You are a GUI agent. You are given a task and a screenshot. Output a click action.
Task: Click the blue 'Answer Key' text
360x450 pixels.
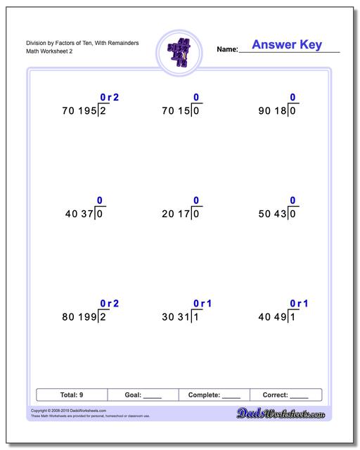click(x=286, y=45)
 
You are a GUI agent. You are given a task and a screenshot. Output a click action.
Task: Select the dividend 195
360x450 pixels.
click(x=85, y=111)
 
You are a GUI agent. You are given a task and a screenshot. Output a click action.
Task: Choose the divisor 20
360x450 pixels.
click(x=169, y=214)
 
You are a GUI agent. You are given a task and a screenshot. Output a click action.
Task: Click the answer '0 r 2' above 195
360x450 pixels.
click(x=110, y=97)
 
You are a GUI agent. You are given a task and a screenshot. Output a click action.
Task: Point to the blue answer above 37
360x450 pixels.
click(x=100, y=200)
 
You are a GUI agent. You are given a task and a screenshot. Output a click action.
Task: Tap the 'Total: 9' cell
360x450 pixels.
click(x=72, y=395)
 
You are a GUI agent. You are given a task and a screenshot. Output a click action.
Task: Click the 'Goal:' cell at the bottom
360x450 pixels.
click(x=143, y=395)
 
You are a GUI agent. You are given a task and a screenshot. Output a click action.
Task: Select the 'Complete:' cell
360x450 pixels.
click(x=215, y=395)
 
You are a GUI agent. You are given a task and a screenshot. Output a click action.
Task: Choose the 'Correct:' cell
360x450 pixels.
click(x=285, y=395)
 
